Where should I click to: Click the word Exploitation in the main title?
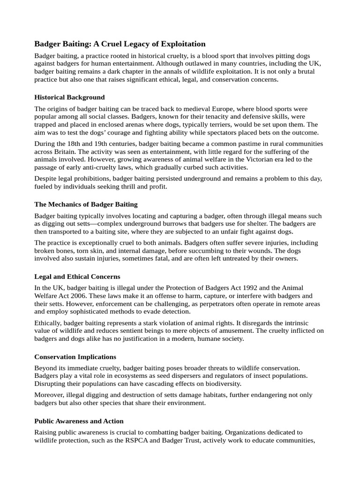[181, 44]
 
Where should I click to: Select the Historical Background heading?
[70, 97]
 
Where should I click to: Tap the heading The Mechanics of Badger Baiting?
[86, 204]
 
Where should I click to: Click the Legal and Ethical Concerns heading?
[77, 277]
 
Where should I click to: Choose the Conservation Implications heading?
[75, 357]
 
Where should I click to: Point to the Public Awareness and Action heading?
[79, 421]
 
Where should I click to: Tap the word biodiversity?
[220, 384]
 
